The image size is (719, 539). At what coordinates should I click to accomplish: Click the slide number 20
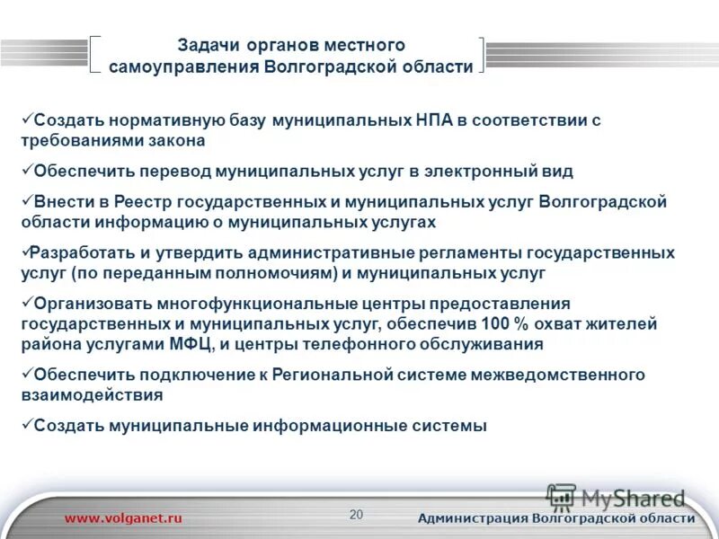pos(356,515)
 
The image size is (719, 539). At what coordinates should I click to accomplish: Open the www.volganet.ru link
pos(124,518)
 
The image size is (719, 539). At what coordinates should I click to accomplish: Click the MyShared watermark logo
pos(617,497)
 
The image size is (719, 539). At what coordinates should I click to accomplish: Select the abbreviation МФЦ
pos(192,344)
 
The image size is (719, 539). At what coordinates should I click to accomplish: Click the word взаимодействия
pos(92,394)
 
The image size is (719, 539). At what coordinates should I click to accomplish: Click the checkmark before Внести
pos(26,200)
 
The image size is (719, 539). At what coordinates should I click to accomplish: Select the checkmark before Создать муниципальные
pos(26,425)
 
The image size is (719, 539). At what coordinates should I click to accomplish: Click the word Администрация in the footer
pos(473,518)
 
